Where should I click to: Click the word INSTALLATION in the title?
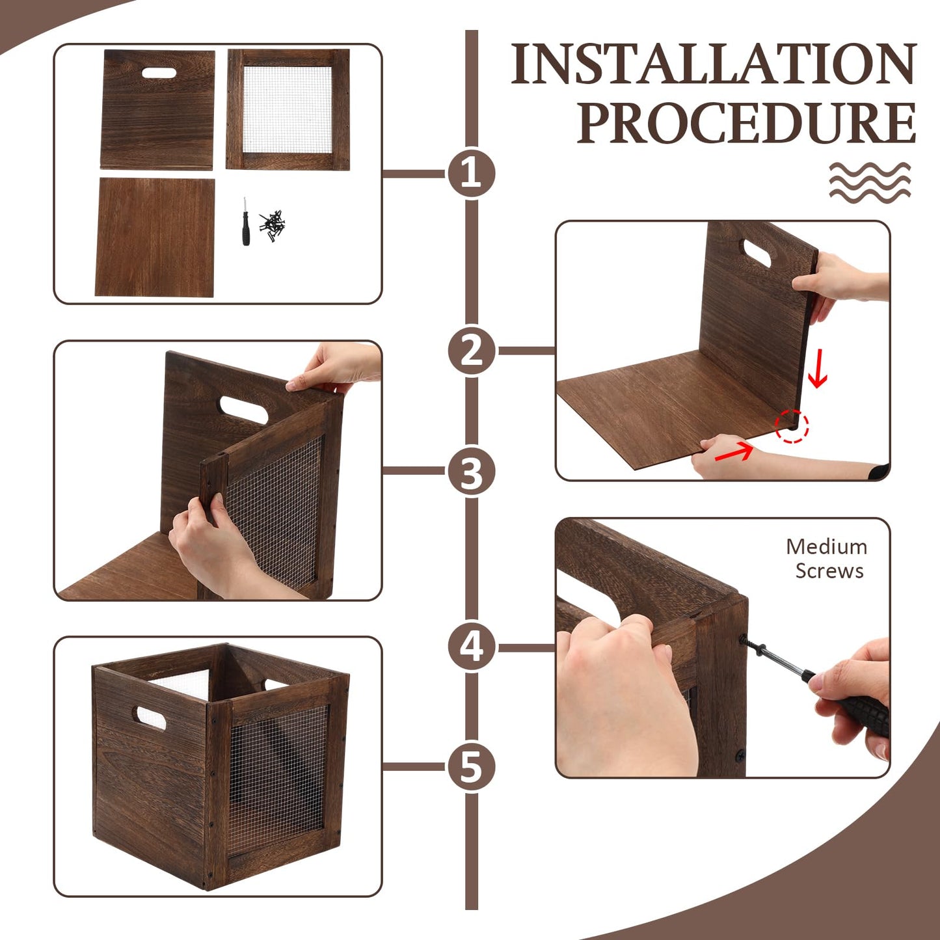(713, 63)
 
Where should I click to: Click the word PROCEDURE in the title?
(746, 122)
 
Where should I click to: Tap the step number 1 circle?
(471, 173)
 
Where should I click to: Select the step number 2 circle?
(471, 351)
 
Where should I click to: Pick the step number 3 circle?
(471, 472)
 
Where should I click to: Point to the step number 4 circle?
(471, 647)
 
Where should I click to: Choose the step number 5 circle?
(471, 767)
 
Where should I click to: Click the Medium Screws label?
(827, 559)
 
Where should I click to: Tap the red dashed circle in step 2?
(792, 426)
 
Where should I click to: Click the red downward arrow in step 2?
(818, 369)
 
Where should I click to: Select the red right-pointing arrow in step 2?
(734, 451)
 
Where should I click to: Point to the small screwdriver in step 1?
(245, 221)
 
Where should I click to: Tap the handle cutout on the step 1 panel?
(159, 73)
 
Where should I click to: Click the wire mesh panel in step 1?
(288, 109)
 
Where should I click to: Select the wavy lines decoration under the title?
(870, 182)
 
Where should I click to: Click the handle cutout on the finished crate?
(151, 718)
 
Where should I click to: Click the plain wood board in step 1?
(155, 237)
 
